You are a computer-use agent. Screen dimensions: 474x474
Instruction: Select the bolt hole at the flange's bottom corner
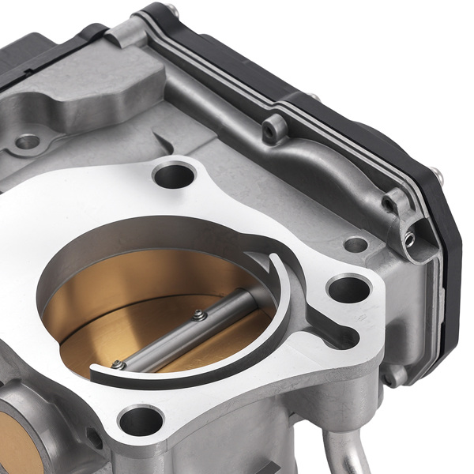pyautogui.click(x=141, y=419)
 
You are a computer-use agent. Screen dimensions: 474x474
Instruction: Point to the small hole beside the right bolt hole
pyautogui.click(x=356, y=246)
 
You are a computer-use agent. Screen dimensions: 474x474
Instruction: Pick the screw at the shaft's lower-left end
pyautogui.click(x=118, y=364)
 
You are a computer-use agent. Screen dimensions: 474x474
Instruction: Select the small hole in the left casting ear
pyautogui.click(x=28, y=142)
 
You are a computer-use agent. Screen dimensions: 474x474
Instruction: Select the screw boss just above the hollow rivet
pyautogui.click(x=388, y=204)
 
